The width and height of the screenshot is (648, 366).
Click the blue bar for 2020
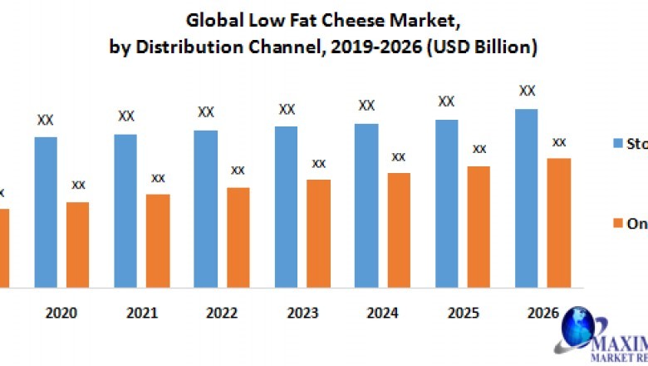point(46,212)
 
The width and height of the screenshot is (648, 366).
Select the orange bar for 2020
point(77,245)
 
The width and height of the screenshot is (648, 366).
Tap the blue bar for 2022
point(206,209)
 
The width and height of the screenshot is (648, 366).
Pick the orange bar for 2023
point(318,234)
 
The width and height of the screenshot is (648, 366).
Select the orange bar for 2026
point(559,223)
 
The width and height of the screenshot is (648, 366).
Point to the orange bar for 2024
point(399,230)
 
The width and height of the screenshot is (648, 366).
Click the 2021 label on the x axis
point(142,314)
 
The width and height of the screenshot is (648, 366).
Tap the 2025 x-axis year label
point(464,314)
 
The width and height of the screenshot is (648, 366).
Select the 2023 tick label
point(302,314)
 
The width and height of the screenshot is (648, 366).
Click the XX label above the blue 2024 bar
point(366,106)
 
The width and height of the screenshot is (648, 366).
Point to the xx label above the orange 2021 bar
point(158,178)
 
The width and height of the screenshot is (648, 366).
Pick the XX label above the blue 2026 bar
point(527,91)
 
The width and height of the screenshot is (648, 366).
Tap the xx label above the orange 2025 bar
point(479,149)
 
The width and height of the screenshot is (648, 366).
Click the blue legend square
point(617,143)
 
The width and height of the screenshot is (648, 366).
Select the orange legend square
point(617,223)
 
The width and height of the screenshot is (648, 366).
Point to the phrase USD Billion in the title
point(487,47)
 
